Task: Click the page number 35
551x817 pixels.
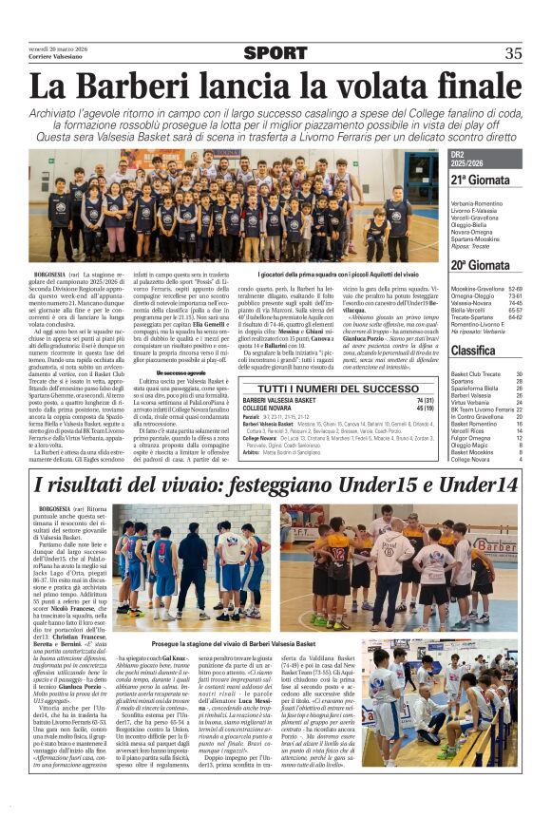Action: pyautogui.click(x=513, y=54)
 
